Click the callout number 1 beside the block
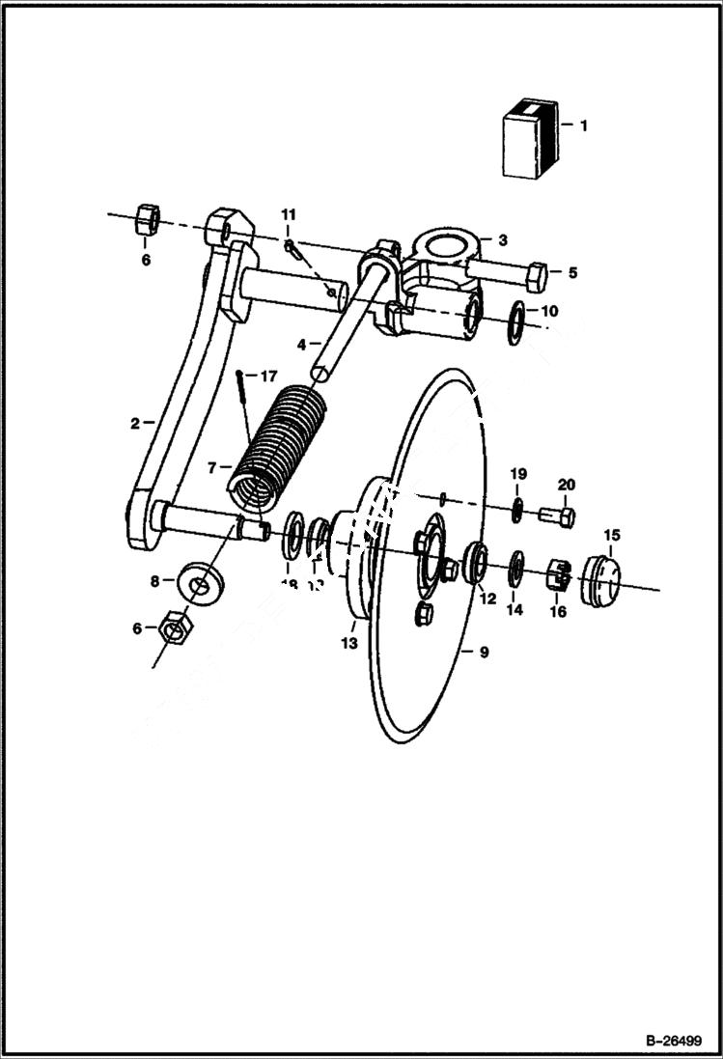click(582, 125)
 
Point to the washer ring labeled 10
click(517, 318)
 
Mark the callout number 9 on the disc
click(484, 653)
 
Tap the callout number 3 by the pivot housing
click(502, 238)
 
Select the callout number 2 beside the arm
click(136, 422)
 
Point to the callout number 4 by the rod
click(301, 344)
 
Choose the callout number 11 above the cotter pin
click(290, 213)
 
